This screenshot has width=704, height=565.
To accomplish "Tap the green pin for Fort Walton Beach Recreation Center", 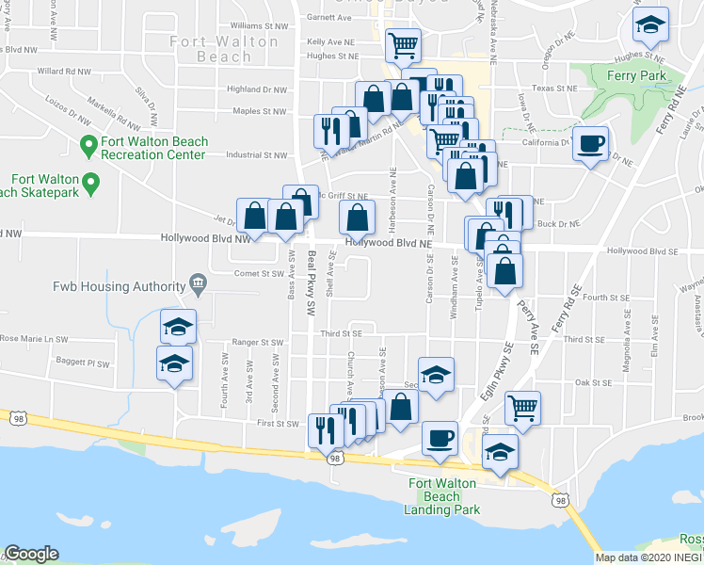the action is tap(88, 145).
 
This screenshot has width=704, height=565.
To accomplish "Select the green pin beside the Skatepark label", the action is tap(90, 181).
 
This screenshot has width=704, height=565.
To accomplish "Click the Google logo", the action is tap(31, 554).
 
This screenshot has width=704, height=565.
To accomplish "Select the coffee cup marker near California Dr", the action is tap(590, 144).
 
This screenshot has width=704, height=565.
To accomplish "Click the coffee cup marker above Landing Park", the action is tap(440, 438).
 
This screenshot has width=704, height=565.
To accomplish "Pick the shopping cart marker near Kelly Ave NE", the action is tap(402, 44).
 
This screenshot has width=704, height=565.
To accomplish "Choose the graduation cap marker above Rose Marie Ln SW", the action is tap(178, 327).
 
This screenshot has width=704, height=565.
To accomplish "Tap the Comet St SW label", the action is tap(259, 274).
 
